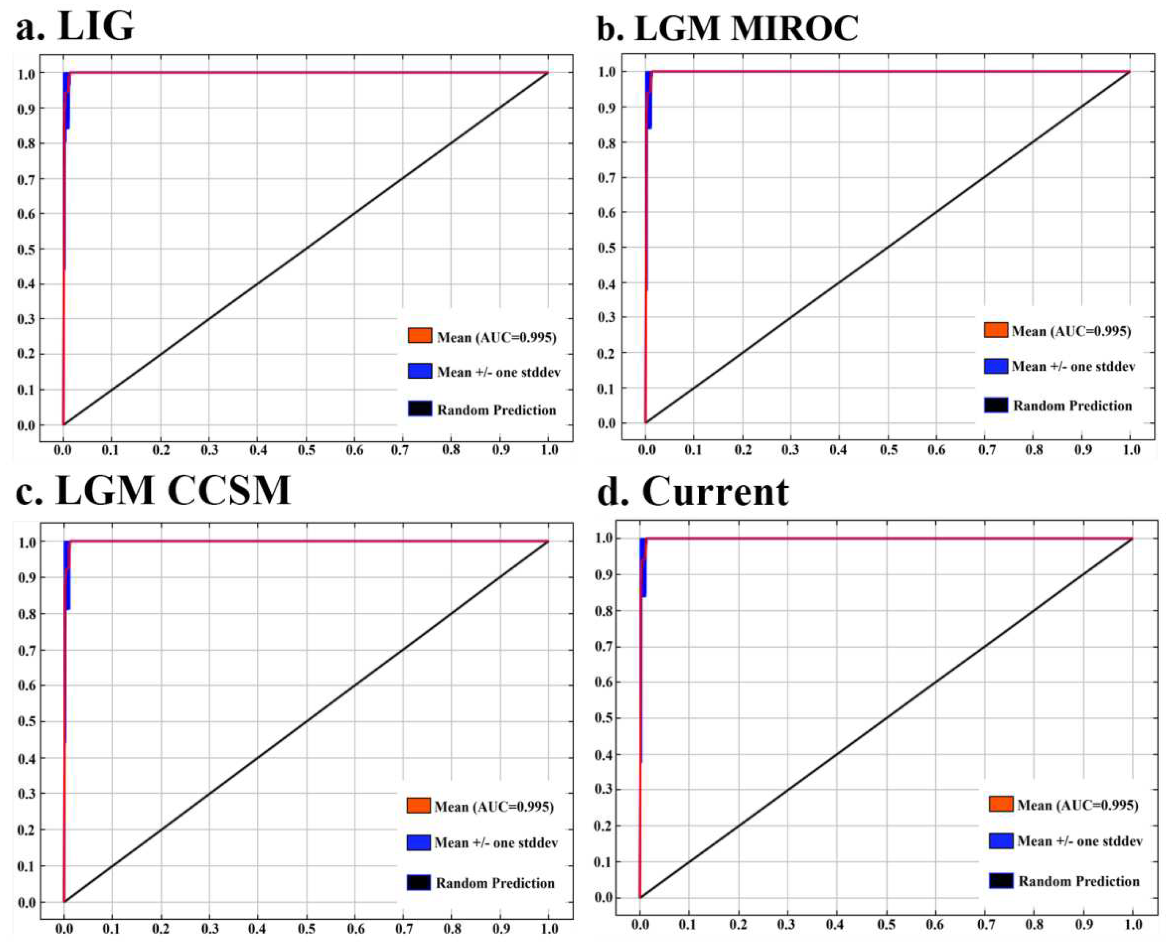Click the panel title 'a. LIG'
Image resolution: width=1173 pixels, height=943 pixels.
pos(75,26)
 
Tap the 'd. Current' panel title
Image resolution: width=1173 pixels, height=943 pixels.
pos(693,492)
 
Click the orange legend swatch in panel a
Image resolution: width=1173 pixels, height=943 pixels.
pos(420,336)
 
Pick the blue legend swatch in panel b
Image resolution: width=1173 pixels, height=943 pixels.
pos(995,366)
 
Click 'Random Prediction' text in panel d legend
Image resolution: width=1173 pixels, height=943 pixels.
pos(1078,881)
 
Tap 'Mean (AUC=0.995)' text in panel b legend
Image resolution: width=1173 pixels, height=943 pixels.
pos(1071,331)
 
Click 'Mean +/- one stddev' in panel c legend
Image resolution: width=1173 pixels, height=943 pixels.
pos(496,843)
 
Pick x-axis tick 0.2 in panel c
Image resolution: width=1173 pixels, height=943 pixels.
pos(161,926)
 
